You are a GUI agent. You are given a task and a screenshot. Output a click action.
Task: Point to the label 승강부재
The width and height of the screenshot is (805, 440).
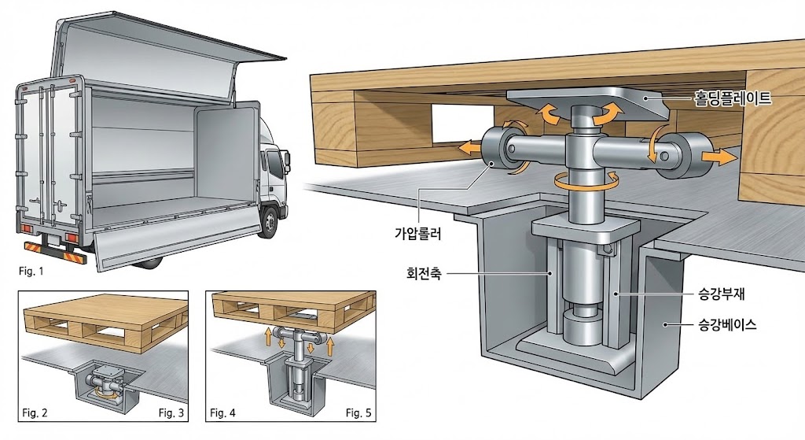point(727,298)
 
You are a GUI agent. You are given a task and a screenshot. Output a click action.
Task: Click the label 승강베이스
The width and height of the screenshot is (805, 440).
point(728,324)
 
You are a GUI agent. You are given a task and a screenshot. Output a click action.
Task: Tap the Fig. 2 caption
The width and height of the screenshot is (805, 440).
point(35,412)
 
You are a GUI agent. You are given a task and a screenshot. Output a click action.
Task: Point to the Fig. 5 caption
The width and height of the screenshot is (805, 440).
point(359,412)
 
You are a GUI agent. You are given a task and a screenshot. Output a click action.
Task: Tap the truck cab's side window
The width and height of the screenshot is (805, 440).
point(275,165)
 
